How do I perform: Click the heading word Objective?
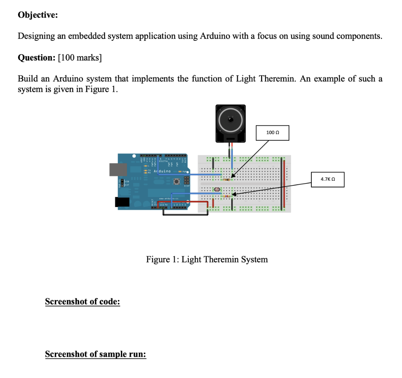click(38, 15)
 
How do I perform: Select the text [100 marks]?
click(80, 58)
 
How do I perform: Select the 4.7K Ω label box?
click(327, 179)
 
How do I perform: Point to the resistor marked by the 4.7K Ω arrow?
click(227, 196)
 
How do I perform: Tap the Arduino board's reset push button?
click(177, 182)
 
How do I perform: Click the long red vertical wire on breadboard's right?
click(281, 185)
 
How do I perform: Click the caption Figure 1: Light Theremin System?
click(207, 259)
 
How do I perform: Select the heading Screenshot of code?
click(82, 302)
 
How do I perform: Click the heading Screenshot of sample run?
click(95, 354)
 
